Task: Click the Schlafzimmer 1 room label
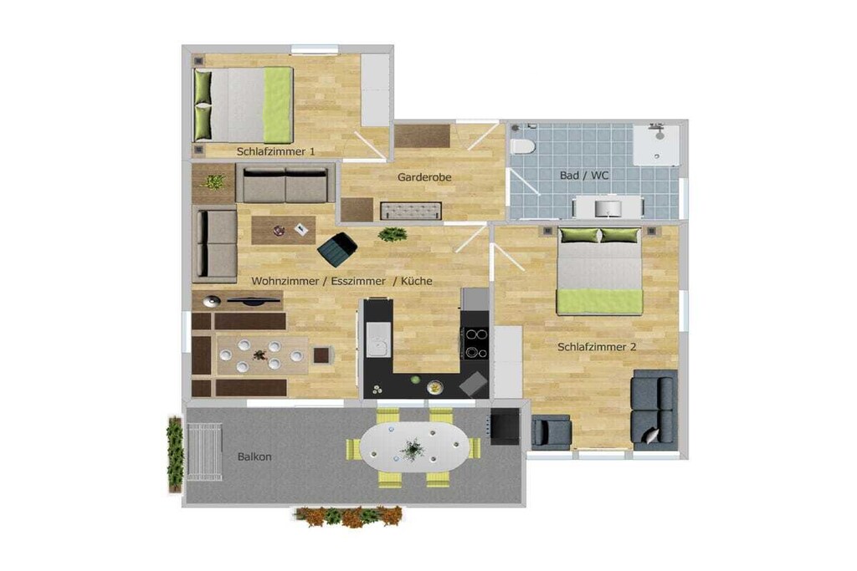pos(275,151)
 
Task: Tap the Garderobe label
pos(424,177)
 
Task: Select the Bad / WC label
pos(583,176)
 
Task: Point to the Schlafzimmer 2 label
pos(597,347)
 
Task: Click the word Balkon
pos(254,457)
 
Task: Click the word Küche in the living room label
pos(417,281)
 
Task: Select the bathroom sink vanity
pos(608,207)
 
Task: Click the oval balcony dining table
pos(413,447)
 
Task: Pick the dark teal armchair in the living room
pos(337,249)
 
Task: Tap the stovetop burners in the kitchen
pos(475,343)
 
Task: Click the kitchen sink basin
pos(378,339)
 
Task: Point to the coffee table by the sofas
pos(283,230)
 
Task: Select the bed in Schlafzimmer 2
pos(599,271)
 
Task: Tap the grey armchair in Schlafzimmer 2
pos(551,431)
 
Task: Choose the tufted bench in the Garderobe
pos(411,211)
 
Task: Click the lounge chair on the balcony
pos(204,452)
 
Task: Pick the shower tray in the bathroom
pos(656,145)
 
